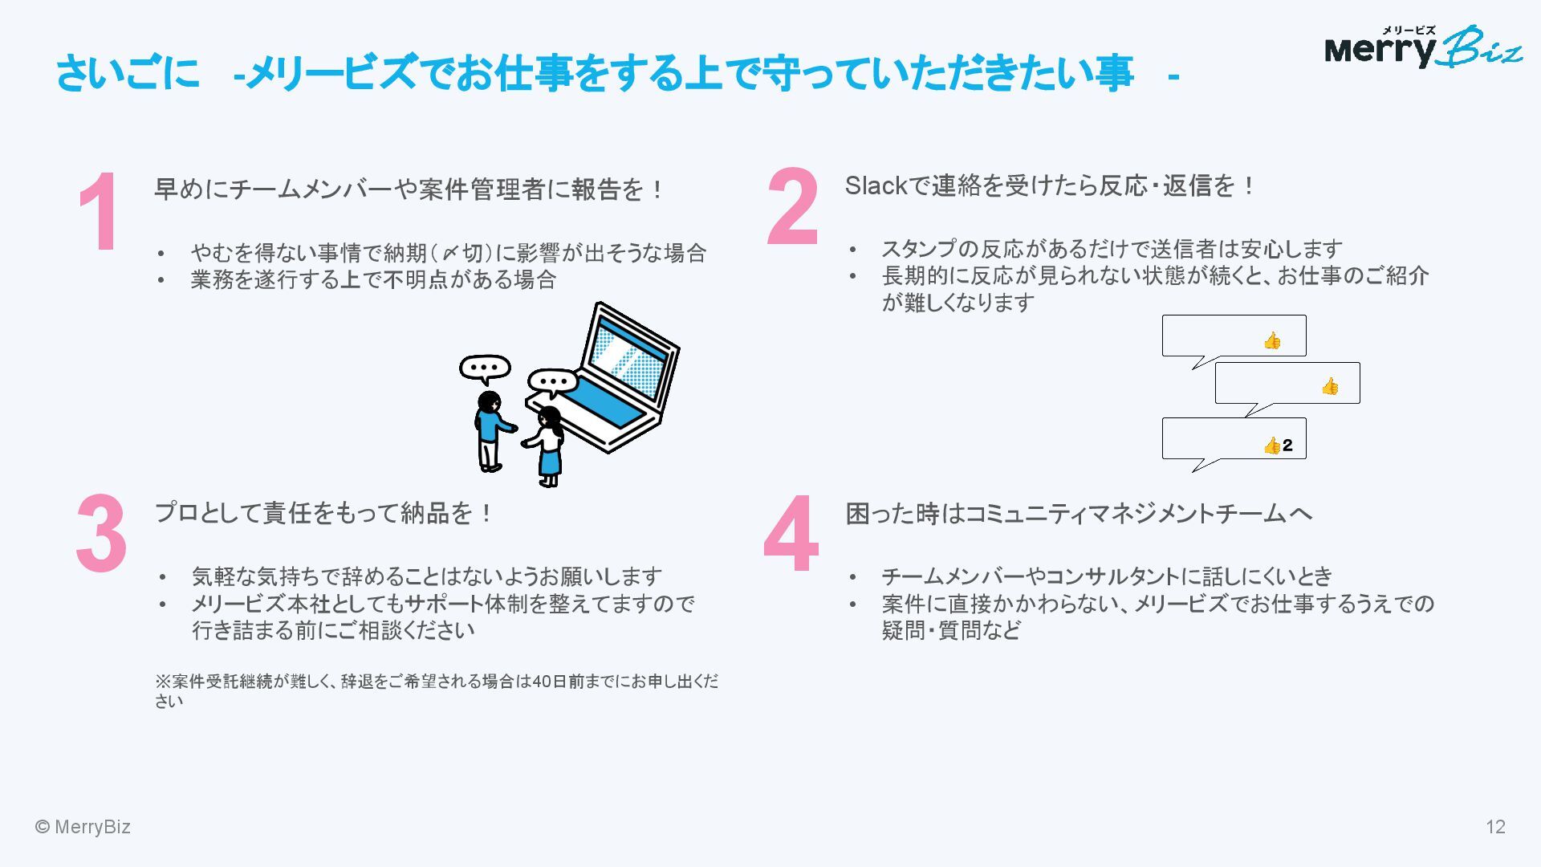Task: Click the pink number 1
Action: click(x=100, y=213)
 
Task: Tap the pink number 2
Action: click(x=793, y=206)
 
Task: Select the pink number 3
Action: click(x=102, y=534)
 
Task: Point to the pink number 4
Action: click(x=791, y=534)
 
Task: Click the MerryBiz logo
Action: click(x=1422, y=48)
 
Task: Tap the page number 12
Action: click(x=1495, y=827)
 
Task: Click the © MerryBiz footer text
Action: click(x=83, y=827)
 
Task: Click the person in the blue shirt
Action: click(x=490, y=429)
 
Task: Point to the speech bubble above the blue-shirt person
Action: click(x=485, y=368)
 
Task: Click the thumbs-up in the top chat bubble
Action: click(x=1272, y=341)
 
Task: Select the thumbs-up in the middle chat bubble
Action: click(x=1330, y=387)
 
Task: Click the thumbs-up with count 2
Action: click(x=1278, y=446)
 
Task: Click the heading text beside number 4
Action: click(x=1079, y=514)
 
